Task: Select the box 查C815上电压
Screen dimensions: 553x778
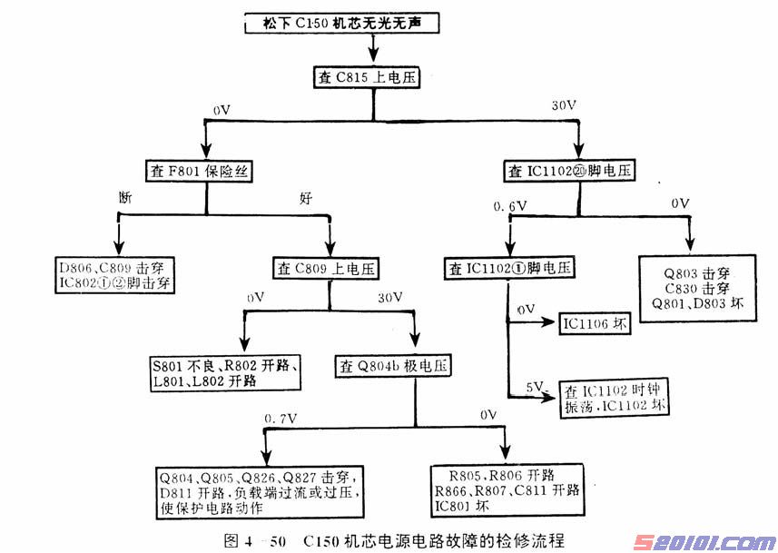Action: pos(368,78)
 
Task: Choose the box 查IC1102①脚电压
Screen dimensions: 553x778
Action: pos(511,269)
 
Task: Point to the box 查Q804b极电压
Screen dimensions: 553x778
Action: pos(393,366)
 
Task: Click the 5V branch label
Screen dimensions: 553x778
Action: pos(536,386)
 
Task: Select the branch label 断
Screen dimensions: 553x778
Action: pos(125,196)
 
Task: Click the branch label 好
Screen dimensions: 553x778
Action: pos(306,196)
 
